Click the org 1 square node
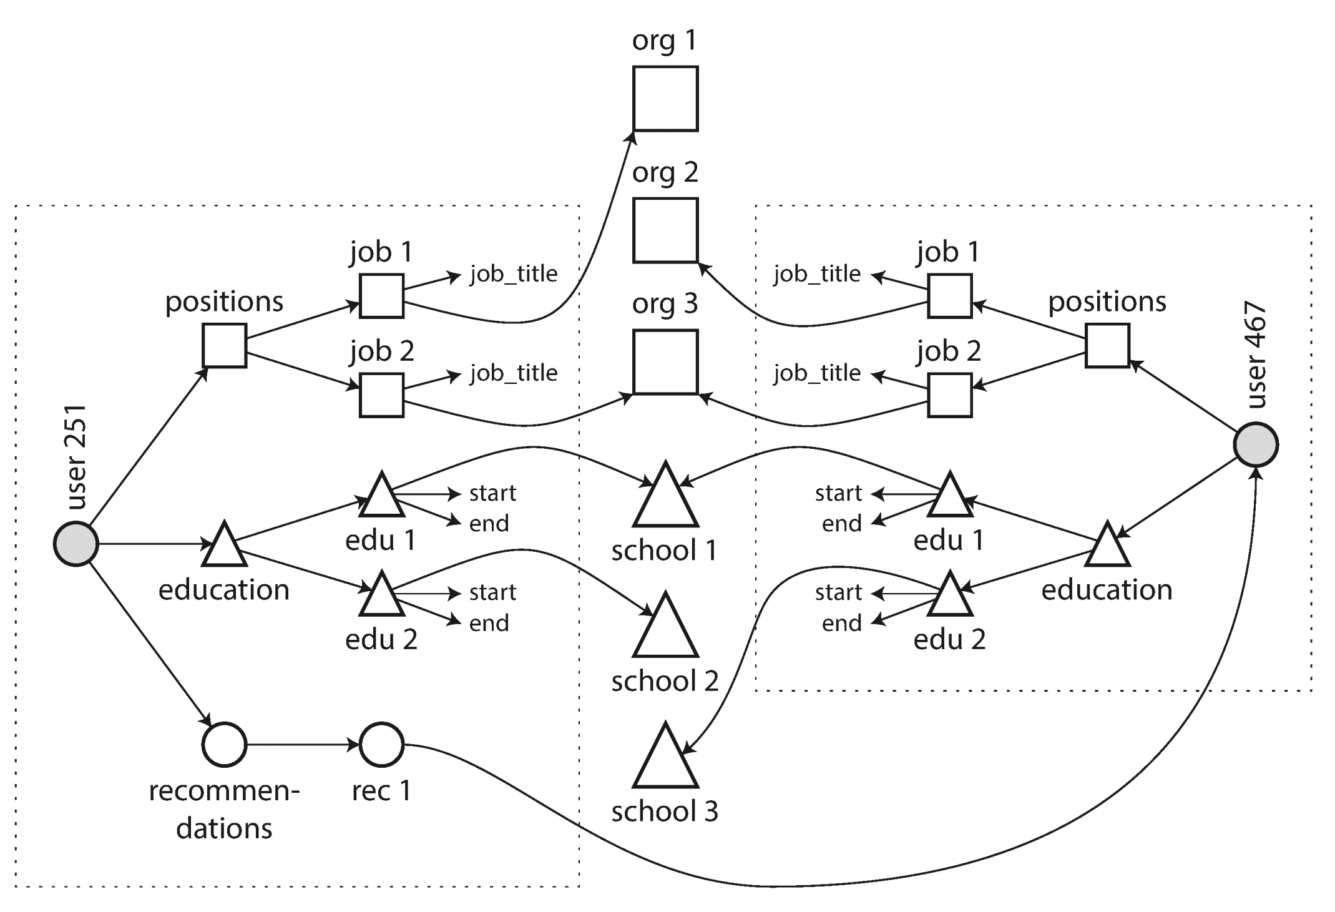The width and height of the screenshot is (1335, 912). pos(665,99)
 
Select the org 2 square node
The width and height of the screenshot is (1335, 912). pos(665,230)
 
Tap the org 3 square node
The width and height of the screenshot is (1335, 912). pos(665,362)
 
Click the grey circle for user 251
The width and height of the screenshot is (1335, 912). pos(76,544)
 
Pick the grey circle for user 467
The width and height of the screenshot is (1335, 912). pos(1256,444)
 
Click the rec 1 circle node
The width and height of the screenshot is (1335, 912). pos(381,744)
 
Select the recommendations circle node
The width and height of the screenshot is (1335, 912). pos(224,744)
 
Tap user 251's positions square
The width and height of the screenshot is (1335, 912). pos(224,345)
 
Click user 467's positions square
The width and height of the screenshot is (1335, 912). pos(1107,345)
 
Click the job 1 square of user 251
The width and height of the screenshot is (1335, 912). pos(381,296)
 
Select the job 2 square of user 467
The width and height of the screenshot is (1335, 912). pos(949,395)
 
